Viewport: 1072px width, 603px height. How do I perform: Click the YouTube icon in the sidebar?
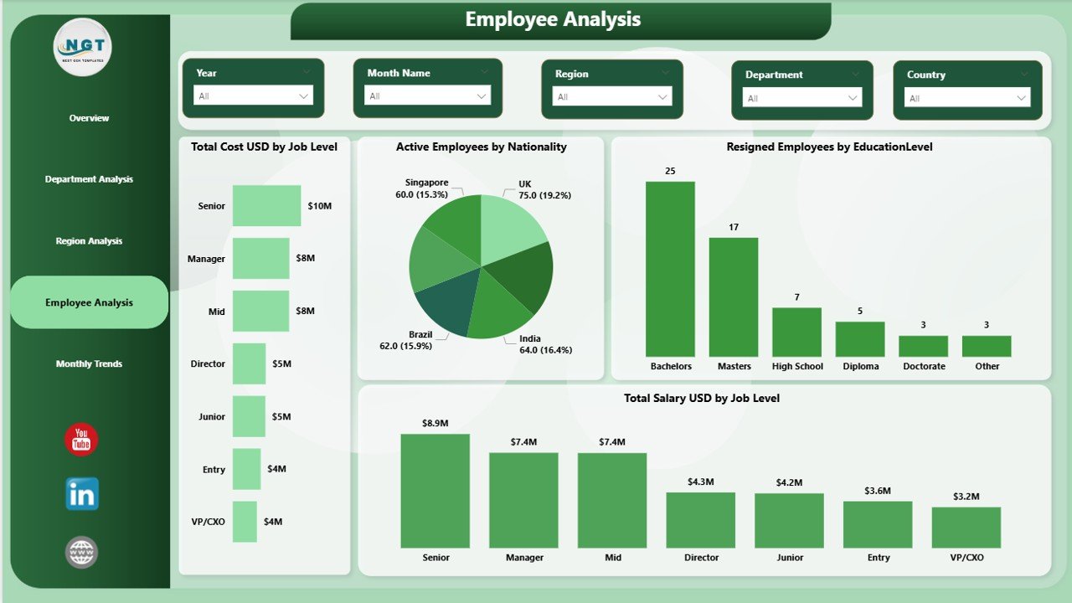[x=81, y=440]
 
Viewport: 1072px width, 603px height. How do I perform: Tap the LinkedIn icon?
[x=82, y=494]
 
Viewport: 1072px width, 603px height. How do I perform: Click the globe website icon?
[x=82, y=552]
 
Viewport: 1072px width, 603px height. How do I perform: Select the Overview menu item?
[x=89, y=118]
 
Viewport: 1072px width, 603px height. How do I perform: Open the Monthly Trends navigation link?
[x=89, y=363]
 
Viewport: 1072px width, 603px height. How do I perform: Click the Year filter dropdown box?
[x=254, y=96]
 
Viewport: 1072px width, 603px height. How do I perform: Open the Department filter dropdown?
[x=801, y=98]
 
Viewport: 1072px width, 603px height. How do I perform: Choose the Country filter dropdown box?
[x=967, y=98]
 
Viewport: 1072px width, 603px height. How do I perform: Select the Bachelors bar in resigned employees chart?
[x=670, y=269]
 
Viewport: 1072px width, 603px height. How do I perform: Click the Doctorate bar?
[x=923, y=346]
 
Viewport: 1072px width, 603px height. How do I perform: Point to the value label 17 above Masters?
[x=734, y=227]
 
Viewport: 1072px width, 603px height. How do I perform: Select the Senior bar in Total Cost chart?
[x=266, y=206]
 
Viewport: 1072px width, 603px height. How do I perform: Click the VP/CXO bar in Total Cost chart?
[x=245, y=522]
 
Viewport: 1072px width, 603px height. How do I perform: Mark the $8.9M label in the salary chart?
[x=435, y=424]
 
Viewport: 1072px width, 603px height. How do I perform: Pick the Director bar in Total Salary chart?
[x=700, y=519]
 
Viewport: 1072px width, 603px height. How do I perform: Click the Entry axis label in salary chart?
[x=878, y=558]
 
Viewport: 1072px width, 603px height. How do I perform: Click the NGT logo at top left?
[x=82, y=47]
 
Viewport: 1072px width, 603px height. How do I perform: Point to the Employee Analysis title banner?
[x=553, y=20]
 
